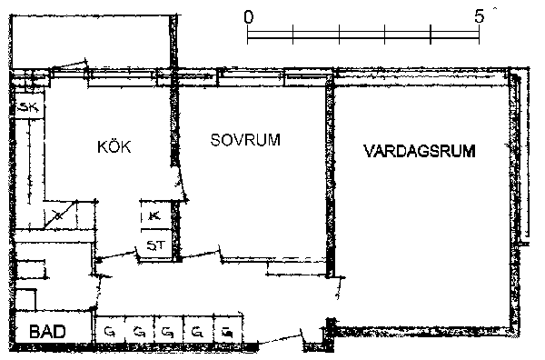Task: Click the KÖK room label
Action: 114,146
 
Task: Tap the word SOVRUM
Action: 245,140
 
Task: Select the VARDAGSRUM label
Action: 420,151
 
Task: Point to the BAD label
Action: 47,331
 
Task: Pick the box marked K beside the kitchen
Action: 155,215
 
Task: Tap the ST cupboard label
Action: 155,245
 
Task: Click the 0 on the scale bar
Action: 249,16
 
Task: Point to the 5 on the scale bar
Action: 480,16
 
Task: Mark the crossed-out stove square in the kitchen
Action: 60,215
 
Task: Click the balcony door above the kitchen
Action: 69,65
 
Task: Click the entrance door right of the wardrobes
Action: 282,339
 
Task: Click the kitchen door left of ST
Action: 116,256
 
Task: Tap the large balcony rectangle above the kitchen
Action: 91,42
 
